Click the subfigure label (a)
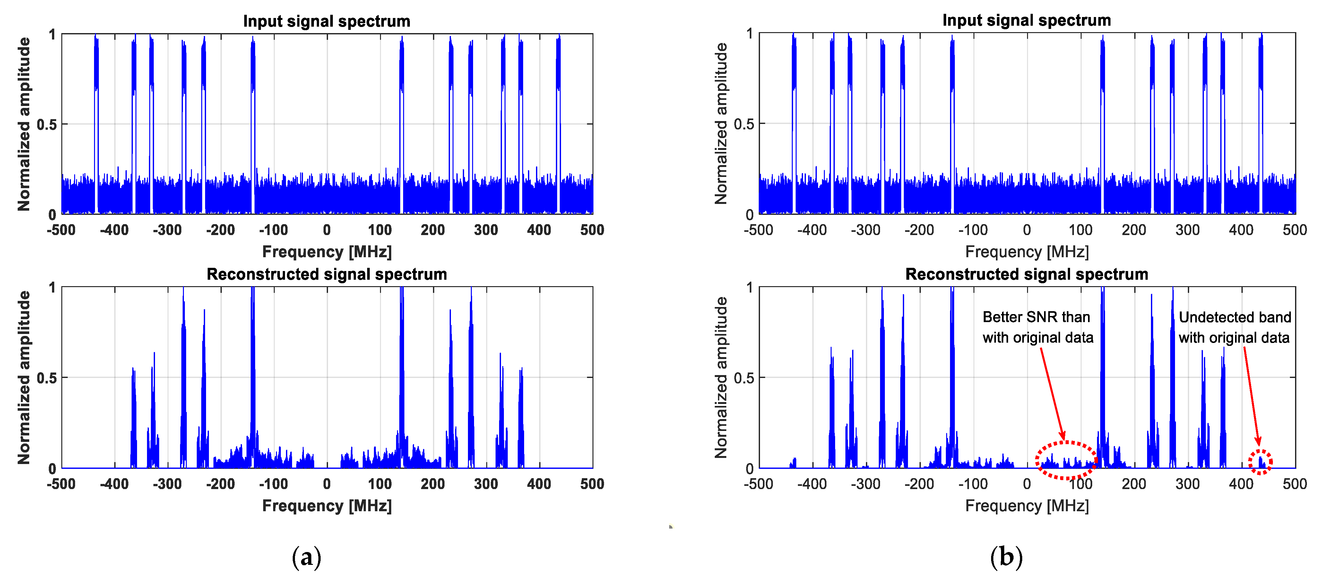click(x=307, y=557)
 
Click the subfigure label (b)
click(x=1006, y=557)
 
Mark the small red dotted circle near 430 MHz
click(x=1260, y=461)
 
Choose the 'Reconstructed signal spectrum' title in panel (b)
click(x=1026, y=274)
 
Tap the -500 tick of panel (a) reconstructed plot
click(x=61, y=484)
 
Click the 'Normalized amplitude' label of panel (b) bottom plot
click(x=721, y=377)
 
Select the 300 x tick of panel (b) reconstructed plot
click(x=1187, y=484)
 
